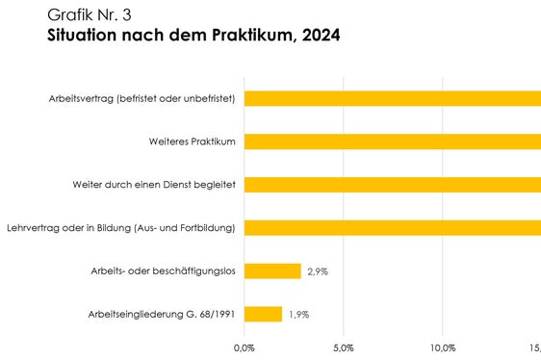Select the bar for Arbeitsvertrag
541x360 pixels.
(393, 98)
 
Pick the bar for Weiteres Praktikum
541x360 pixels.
(393, 141)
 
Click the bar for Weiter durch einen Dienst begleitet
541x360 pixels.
(393, 185)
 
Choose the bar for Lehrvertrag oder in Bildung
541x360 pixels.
(393, 228)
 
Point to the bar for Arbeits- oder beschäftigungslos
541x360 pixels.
(272, 271)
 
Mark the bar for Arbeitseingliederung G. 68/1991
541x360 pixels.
(263, 314)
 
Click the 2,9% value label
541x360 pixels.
(318, 271)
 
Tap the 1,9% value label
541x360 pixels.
(298, 315)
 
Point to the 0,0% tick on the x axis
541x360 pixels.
(245, 347)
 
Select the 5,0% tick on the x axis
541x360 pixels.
(344, 347)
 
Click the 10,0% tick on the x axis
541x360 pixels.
(443, 347)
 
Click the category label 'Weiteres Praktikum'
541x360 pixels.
(193, 141)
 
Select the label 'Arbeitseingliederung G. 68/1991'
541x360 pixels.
(162, 315)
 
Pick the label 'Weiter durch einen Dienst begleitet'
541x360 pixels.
(155, 185)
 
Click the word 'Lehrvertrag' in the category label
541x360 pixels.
(32, 228)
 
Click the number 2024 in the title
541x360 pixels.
(317, 37)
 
